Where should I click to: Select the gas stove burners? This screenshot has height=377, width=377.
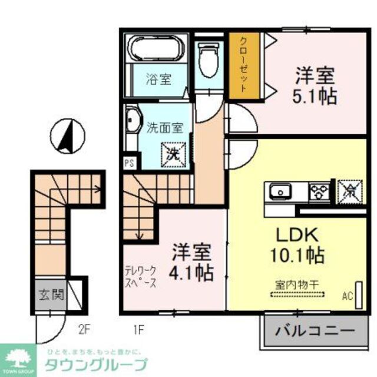(x=320, y=191)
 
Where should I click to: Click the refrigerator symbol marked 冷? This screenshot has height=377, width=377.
(x=346, y=191)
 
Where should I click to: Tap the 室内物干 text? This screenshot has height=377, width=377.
(x=297, y=285)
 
